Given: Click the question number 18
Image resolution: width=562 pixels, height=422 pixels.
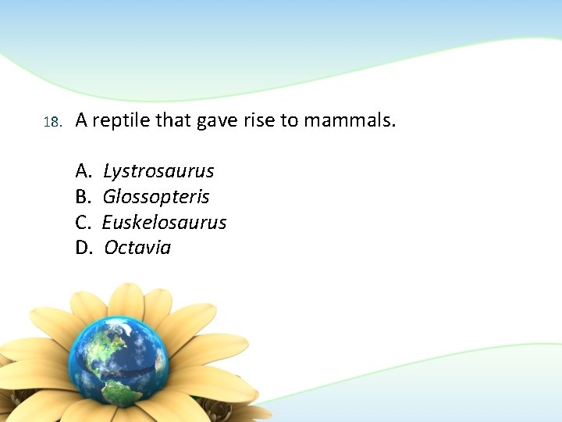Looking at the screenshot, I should pyautogui.click(x=52, y=123).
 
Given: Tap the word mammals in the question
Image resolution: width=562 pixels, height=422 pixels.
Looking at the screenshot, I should pyautogui.click(x=349, y=121).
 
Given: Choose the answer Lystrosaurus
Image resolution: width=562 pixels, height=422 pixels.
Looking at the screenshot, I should pyautogui.click(x=158, y=170).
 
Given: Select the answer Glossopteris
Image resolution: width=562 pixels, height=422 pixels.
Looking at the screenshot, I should pyautogui.click(x=156, y=197).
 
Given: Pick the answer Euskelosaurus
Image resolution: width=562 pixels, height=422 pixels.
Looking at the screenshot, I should pyautogui.click(x=164, y=222).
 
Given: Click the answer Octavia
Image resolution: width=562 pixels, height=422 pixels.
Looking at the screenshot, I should pyautogui.click(x=137, y=248).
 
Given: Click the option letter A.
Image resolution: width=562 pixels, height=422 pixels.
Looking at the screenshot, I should pyautogui.click(x=82, y=170).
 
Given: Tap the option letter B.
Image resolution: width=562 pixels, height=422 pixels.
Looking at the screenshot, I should pyautogui.click(x=82, y=196).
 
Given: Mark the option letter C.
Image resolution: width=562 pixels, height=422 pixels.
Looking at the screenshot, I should pyautogui.click(x=82, y=222).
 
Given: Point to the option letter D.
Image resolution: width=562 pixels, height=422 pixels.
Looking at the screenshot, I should pyautogui.click(x=83, y=248).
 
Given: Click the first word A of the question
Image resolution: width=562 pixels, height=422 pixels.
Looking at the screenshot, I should pyautogui.click(x=81, y=121).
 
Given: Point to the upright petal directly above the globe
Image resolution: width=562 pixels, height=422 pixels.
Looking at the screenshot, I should pyautogui.click(x=125, y=301).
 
